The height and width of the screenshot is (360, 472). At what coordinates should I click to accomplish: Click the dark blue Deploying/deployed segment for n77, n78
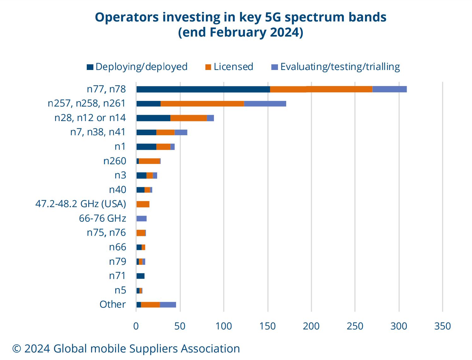[x=203, y=89]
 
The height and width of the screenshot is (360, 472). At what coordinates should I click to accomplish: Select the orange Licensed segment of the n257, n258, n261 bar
[x=202, y=104]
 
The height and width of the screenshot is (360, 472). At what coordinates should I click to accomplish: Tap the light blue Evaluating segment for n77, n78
[x=389, y=89]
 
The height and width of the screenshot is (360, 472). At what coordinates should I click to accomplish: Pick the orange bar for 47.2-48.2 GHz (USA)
[x=143, y=204]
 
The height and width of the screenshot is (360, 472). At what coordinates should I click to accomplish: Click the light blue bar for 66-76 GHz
[x=141, y=218]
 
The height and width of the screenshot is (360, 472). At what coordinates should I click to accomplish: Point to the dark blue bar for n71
[x=140, y=276]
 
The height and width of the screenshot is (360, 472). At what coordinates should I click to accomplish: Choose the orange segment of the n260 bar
[x=150, y=161]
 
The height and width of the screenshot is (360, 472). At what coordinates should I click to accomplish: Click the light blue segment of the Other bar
[x=168, y=305]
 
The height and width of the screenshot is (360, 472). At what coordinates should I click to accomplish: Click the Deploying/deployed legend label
[x=141, y=67]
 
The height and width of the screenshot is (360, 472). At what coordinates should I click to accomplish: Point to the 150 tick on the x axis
[x=268, y=326]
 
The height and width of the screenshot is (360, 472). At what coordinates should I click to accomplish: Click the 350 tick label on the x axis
[x=442, y=326]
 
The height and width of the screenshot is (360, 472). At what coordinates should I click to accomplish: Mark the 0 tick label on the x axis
[x=136, y=326]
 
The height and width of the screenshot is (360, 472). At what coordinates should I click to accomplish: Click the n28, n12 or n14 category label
[x=90, y=118]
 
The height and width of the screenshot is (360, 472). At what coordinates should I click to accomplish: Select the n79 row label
[x=117, y=262]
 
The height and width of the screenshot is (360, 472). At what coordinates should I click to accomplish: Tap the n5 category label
[x=120, y=290]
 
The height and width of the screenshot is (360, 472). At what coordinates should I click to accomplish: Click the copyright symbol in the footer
[x=16, y=349]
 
